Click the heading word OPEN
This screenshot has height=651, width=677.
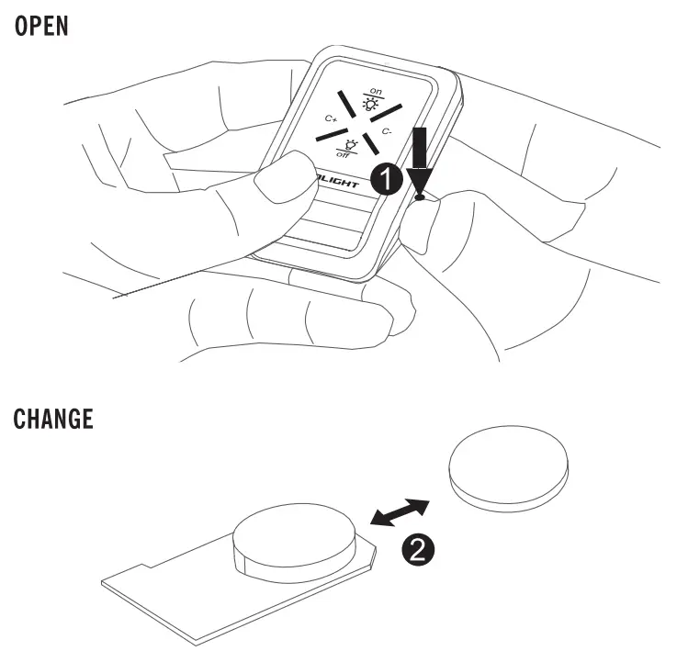pos(42,25)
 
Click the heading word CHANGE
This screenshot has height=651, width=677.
pos(53,420)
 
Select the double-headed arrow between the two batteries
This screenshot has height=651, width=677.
pos(399,512)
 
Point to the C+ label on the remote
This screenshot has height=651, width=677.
pos(332,119)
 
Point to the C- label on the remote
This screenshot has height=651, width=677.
pos(389,132)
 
